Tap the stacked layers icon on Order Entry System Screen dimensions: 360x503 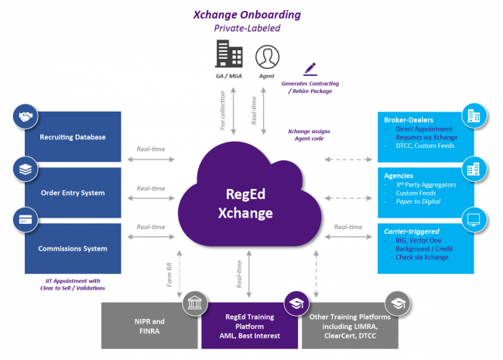pos(26,168)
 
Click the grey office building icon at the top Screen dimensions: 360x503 pos(227,53)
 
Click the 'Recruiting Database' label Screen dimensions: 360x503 pos(73,138)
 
